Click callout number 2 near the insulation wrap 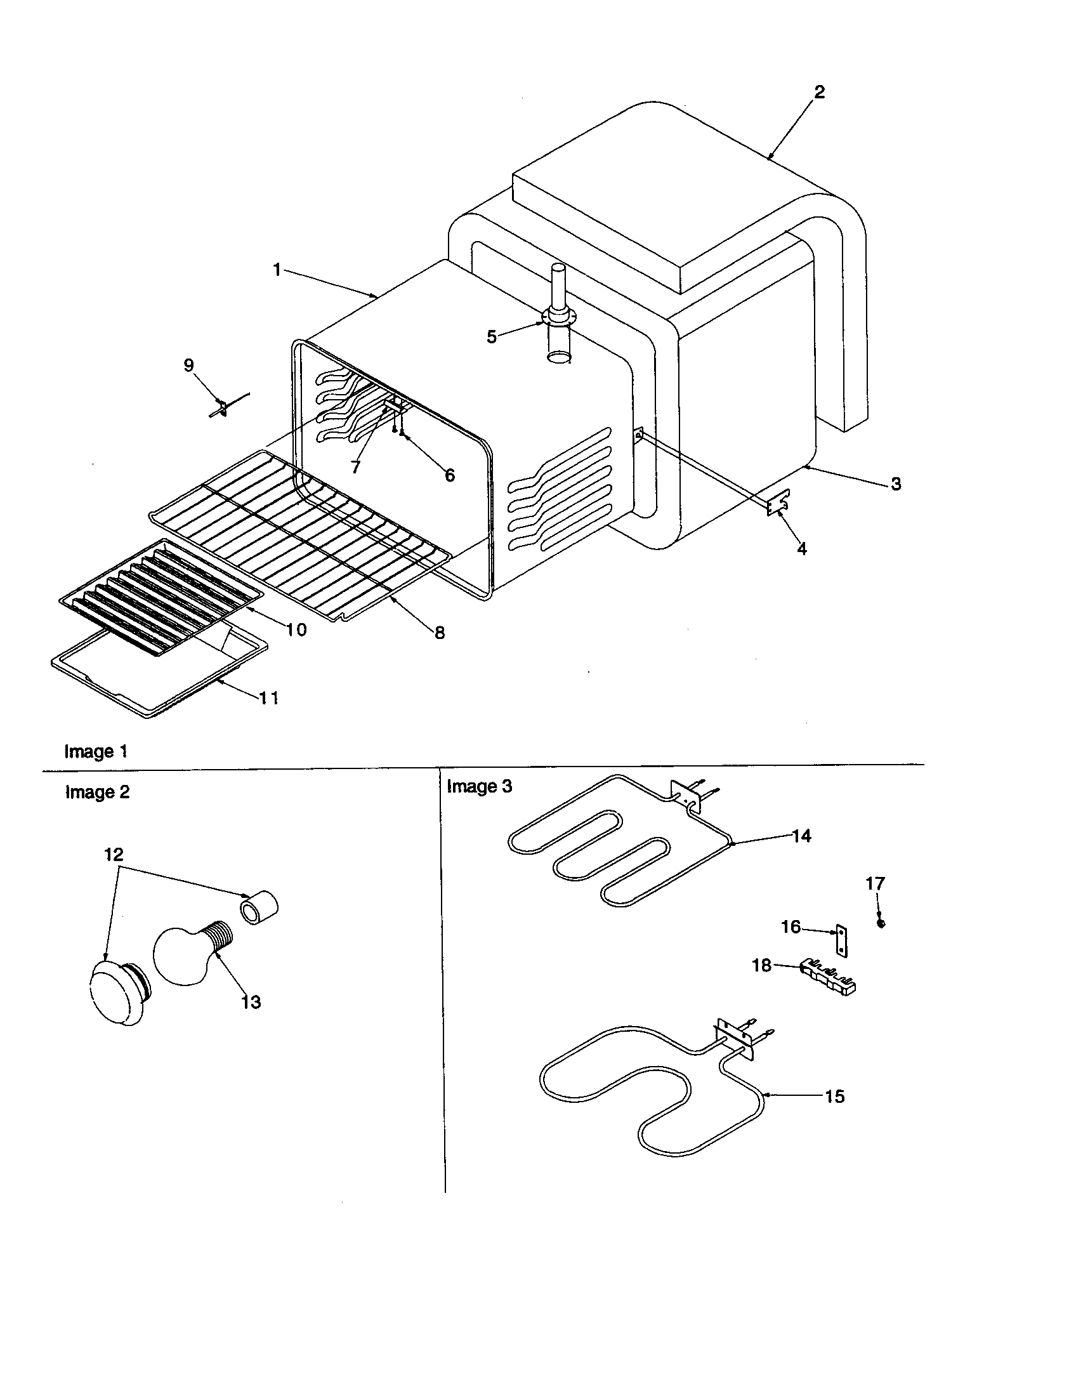(819, 92)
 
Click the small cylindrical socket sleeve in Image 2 (259, 907)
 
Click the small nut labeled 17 (881, 924)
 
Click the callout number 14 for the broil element (801, 836)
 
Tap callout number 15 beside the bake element (834, 1096)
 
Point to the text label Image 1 (96, 751)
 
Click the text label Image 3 (479, 786)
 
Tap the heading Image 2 (97, 792)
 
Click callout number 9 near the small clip (188, 365)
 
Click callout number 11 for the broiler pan (269, 697)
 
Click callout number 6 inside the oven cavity (450, 475)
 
